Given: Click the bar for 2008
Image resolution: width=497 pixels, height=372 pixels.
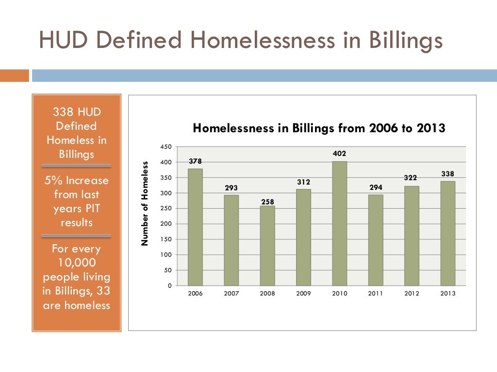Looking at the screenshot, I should click(x=267, y=246).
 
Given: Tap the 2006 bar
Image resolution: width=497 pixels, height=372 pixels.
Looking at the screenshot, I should click(x=195, y=227).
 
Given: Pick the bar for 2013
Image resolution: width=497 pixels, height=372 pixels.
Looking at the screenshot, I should click(x=447, y=233).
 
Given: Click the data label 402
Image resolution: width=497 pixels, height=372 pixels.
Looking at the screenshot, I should click(x=339, y=154).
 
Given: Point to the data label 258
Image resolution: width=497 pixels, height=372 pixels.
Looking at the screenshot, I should click(x=267, y=201).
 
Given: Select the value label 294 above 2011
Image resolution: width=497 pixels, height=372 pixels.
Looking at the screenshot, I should click(x=375, y=187).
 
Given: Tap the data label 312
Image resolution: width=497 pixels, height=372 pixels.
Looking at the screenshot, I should click(x=303, y=182).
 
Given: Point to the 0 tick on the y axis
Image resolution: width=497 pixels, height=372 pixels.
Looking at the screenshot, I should click(x=169, y=286).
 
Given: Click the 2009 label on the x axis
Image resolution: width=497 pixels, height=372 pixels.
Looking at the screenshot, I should click(x=303, y=294).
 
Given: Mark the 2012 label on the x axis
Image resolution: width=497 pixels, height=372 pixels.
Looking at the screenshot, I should click(x=412, y=294).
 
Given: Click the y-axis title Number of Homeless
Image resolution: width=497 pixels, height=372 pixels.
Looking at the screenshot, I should click(x=145, y=203).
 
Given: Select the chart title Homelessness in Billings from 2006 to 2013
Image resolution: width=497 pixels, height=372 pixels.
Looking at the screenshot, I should click(x=319, y=128).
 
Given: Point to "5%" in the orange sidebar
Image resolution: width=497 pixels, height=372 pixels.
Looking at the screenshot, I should click(x=54, y=181).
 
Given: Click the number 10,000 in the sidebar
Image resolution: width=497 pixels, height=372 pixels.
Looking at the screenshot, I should click(x=76, y=263).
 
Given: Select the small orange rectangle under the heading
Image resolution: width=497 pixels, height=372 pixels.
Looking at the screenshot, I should click(x=14, y=76).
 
